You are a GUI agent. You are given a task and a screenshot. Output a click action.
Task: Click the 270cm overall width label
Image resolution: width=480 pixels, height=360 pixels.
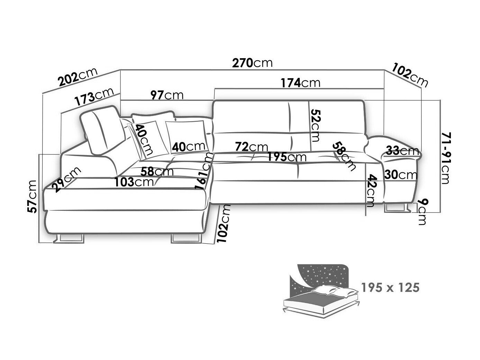point(252,63)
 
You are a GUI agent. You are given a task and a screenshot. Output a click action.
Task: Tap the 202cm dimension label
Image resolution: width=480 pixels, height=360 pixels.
point(78,77)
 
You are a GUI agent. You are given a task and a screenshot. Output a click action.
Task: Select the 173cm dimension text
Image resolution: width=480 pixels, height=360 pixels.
point(94,97)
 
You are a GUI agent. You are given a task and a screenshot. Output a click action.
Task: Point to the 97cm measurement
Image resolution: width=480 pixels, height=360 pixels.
point(167,95)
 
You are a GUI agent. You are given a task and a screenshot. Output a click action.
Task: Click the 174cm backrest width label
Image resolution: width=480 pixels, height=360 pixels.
point(300,83)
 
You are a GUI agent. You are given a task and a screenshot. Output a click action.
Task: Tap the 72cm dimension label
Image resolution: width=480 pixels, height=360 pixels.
point(252,146)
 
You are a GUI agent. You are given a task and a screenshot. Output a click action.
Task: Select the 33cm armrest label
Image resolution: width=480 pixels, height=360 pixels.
point(402,151)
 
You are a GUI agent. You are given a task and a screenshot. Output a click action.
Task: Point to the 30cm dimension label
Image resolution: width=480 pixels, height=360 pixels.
point(401,175)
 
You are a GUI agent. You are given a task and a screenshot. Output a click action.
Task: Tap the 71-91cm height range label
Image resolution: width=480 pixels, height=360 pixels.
point(445,158)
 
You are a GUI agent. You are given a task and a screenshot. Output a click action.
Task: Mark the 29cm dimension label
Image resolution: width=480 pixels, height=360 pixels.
point(66,180)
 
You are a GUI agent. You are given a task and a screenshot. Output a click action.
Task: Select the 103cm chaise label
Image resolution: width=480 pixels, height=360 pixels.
point(134,182)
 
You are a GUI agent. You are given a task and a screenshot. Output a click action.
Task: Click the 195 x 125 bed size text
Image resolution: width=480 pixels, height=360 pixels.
point(390,287)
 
